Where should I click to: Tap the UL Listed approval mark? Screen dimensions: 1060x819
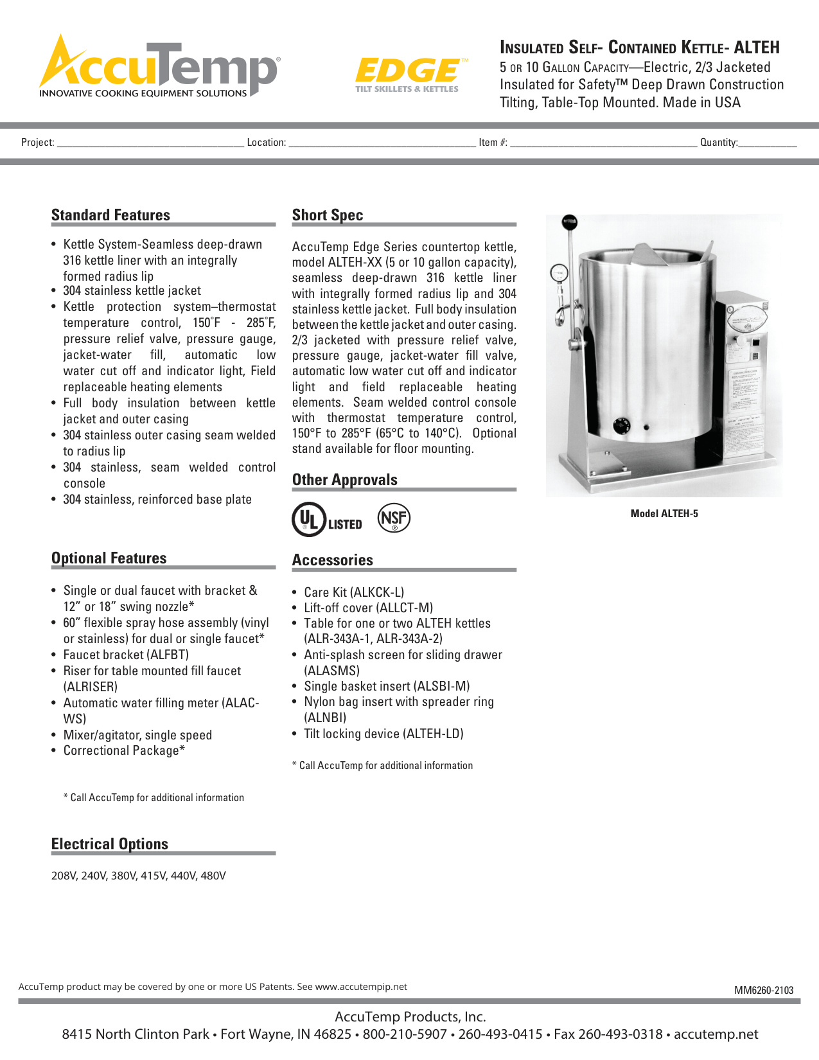(x=327, y=520)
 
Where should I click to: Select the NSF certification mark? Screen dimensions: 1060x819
(x=394, y=518)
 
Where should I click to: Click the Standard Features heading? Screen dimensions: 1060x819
(x=110, y=215)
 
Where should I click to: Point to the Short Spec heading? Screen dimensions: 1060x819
(x=328, y=215)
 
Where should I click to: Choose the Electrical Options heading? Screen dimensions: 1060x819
(x=110, y=844)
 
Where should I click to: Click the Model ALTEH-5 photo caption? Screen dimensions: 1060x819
(x=664, y=513)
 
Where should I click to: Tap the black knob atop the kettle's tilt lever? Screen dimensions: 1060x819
(x=569, y=222)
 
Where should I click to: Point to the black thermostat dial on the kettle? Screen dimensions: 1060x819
(x=621, y=425)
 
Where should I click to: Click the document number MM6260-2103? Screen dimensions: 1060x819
(x=764, y=990)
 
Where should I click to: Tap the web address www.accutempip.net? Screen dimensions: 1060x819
(x=361, y=987)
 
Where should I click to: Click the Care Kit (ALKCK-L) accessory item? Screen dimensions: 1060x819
(x=354, y=592)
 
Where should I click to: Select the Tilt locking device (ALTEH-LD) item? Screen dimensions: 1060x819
(x=383, y=734)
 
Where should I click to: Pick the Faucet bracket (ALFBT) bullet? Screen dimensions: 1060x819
(x=126, y=655)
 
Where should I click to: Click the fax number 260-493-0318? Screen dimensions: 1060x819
(x=620, y=1034)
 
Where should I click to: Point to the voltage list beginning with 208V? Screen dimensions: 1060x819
(x=139, y=876)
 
